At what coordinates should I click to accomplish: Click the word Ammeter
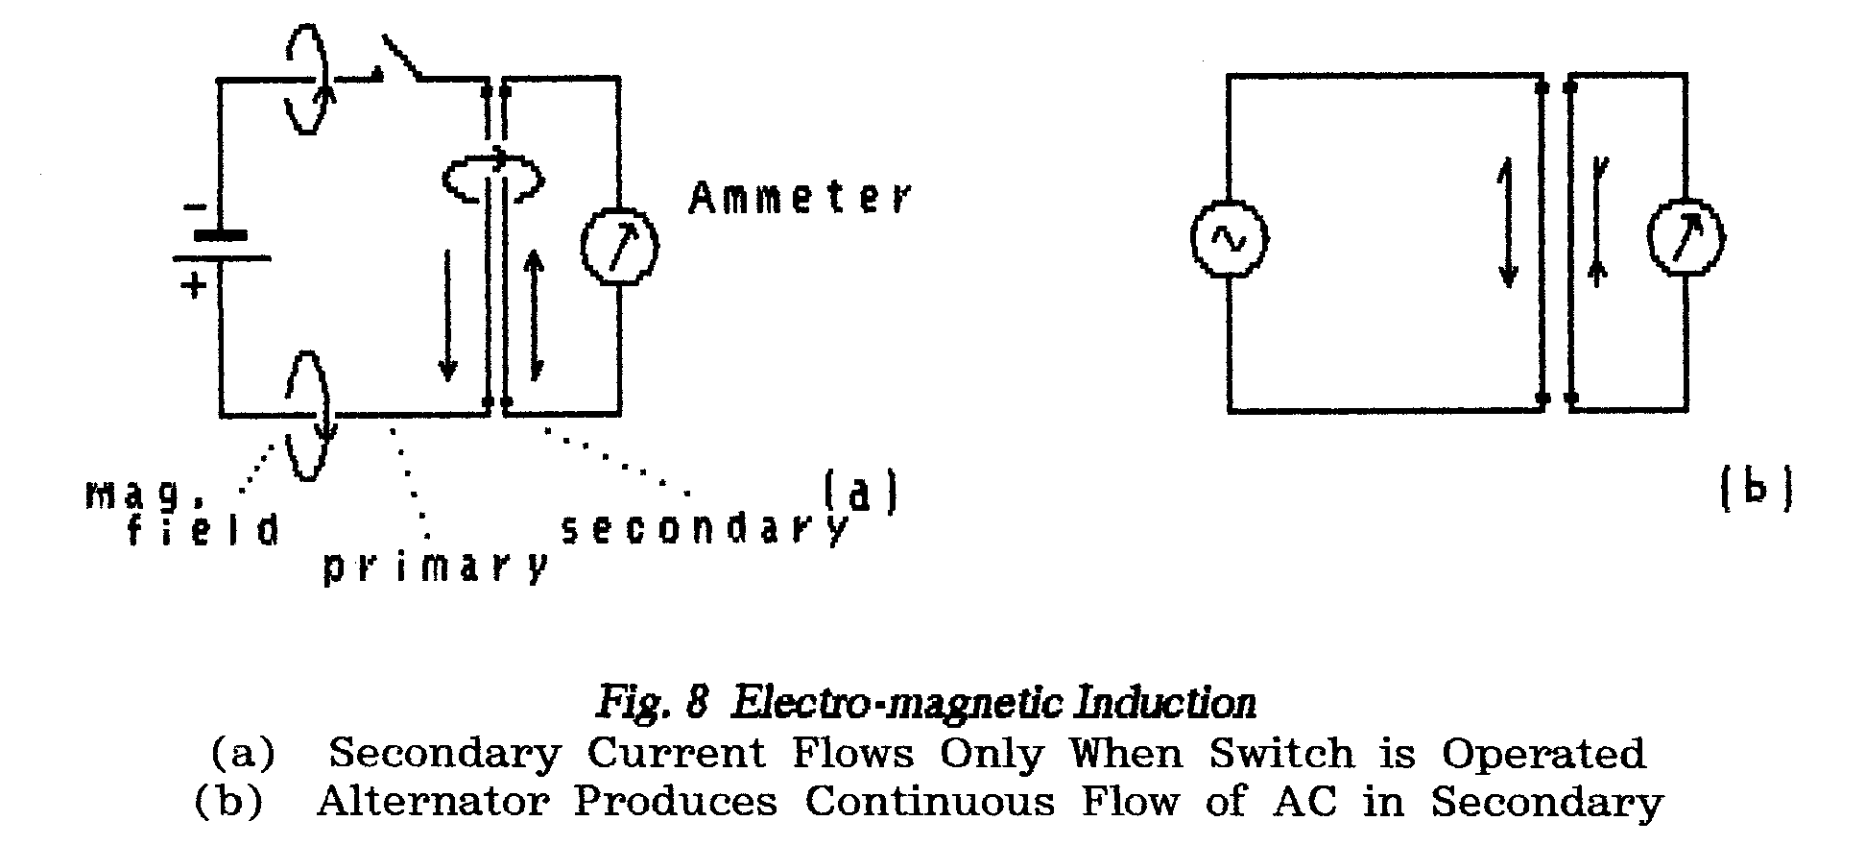coord(799,198)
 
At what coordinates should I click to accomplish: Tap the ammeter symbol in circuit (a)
coord(620,246)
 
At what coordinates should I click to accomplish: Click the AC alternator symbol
coord(1229,240)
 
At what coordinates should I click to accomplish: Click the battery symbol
coord(221,246)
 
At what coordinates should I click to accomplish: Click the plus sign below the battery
coord(195,284)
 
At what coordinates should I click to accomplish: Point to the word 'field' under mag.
coord(203,529)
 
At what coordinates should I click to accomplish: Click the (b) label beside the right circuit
coord(1755,491)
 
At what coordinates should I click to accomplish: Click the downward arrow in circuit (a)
coord(447,317)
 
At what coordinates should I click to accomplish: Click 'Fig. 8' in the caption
coord(653,704)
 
